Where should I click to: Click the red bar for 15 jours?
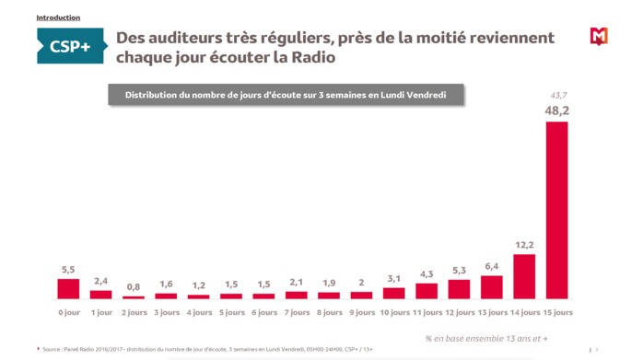tap(557, 211)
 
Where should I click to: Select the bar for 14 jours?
tap(524, 276)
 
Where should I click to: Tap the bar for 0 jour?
tap(69, 289)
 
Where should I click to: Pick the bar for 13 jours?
tap(492, 287)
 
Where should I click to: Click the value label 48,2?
tap(557, 110)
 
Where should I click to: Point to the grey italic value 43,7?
tap(558, 95)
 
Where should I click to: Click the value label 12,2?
tap(524, 245)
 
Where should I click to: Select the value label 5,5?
tap(69, 270)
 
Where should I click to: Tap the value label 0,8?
tap(134, 286)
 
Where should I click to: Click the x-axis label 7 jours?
tap(297, 313)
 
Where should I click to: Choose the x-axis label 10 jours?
tap(394, 313)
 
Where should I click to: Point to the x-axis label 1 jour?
tap(101, 313)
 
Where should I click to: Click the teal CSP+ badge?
tap(70, 46)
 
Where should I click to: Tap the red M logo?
tap(599, 37)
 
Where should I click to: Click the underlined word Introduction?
tap(58, 17)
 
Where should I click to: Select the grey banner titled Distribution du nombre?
tap(285, 95)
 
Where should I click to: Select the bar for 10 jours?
tap(394, 294)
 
